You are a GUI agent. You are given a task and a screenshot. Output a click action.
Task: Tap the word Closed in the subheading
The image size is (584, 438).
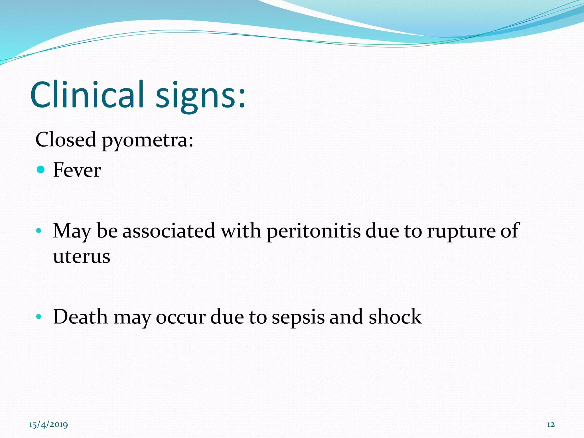click(x=66, y=140)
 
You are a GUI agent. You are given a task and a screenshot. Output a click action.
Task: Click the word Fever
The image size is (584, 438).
click(x=77, y=170)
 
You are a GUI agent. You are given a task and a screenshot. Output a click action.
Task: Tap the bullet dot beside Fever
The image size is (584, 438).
click(x=41, y=170)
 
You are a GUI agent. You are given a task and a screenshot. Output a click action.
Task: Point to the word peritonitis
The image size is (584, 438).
click(x=313, y=231)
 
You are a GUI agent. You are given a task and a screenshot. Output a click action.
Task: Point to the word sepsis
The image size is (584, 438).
click(x=298, y=318)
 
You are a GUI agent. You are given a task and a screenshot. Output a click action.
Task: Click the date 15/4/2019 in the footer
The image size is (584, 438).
click(x=48, y=425)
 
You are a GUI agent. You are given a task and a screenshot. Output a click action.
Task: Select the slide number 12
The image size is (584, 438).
click(x=551, y=425)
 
